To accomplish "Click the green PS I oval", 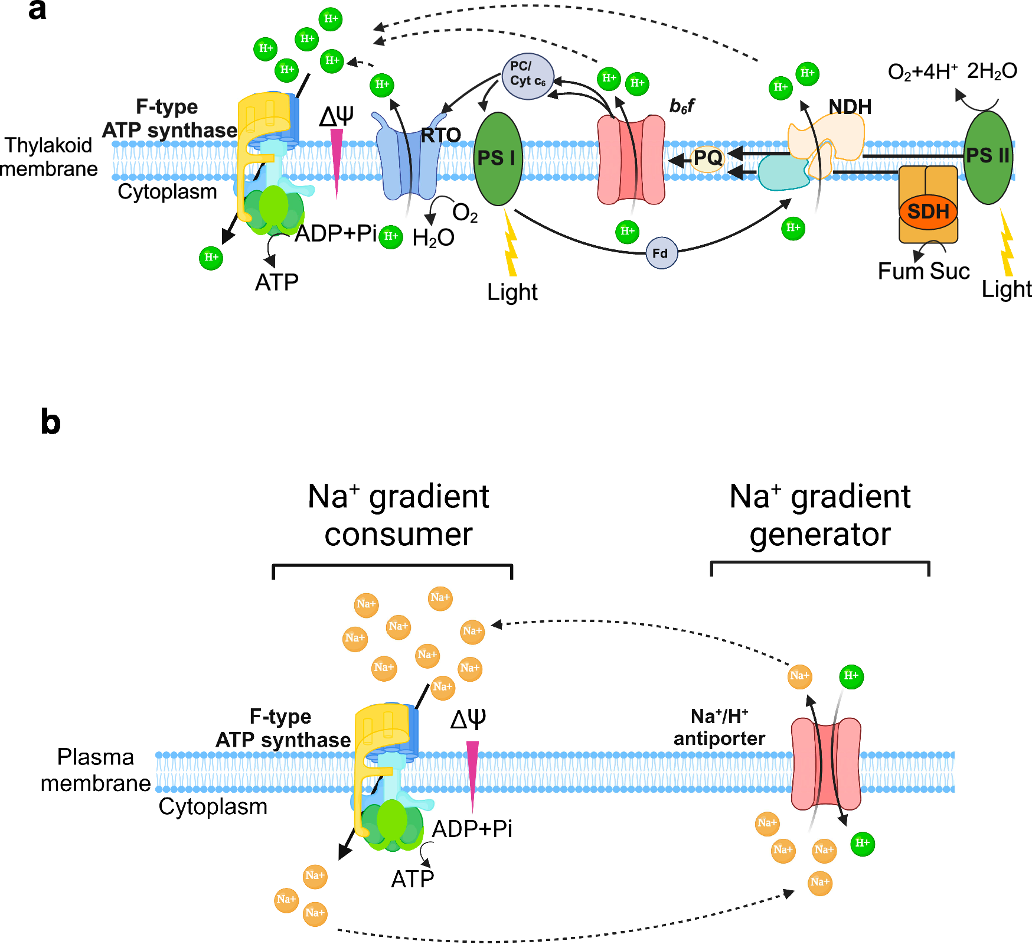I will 498,158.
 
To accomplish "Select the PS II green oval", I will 988,157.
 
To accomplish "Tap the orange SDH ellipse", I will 928,211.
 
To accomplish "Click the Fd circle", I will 661,253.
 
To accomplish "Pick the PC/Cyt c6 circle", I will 527,75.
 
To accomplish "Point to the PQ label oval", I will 707,158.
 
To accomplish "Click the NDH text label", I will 850,107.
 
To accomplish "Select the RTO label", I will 440,135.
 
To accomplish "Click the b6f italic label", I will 681,106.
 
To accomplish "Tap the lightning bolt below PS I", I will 510,245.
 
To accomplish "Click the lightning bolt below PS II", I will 1006,245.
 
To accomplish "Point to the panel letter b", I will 51,422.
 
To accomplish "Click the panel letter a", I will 37,10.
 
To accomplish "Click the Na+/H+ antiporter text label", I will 719,727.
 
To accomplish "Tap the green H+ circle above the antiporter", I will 851,676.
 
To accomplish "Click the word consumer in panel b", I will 399,535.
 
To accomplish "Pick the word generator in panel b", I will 819,535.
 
